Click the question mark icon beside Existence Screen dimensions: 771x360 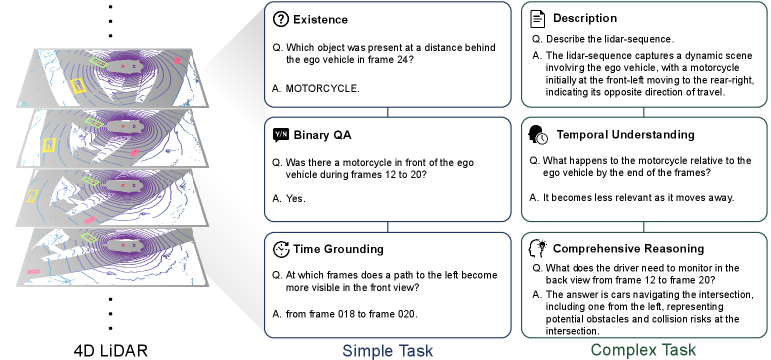pos(280,19)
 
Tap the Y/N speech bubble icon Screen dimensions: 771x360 pos(281,135)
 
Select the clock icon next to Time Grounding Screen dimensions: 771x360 pos(281,249)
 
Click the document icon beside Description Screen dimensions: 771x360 pos(538,19)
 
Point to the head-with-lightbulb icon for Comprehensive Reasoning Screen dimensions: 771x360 pos(537,249)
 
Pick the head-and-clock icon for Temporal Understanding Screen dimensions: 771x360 pos(538,135)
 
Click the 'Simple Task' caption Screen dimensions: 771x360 pos(387,351)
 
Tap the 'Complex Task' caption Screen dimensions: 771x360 pos(643,350)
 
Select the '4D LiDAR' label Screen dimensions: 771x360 pos(110,351)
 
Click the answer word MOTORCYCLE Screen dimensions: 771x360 pos(322,89)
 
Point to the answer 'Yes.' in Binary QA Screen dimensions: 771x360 pos(296,199)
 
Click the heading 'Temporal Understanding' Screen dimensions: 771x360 pos(625,135)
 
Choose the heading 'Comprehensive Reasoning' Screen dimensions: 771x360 pos(628,249)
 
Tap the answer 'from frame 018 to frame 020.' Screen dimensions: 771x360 pos(351,314)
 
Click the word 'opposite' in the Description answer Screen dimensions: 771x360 pos(642,92)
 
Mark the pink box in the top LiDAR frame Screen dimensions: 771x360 pos(177,61)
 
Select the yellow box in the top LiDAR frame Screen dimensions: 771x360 pos(78,86)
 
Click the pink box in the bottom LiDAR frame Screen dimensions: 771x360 pos(34,271)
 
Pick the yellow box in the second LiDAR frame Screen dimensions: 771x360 pos(48,145)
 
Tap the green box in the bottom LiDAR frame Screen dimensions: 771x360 pos(89,238)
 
